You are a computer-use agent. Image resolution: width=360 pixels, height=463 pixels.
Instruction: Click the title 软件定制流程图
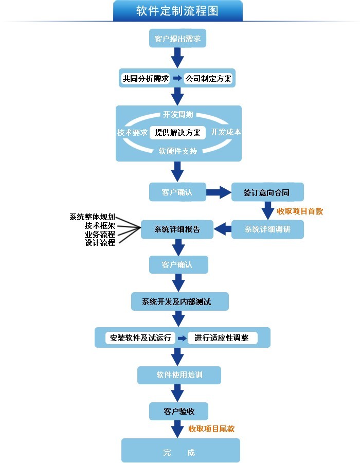(177, 11)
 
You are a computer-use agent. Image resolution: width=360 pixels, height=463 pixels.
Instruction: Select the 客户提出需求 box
(177, 39)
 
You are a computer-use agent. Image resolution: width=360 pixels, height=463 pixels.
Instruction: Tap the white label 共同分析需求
(146, 79)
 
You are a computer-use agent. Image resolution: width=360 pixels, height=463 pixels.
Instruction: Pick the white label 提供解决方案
(177, 133)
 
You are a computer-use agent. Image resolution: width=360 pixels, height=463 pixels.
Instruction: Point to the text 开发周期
(178, 114)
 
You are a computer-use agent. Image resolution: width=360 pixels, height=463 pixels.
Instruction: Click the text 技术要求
(132, 132)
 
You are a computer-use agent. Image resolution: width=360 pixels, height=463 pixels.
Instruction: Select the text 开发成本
(225, 132)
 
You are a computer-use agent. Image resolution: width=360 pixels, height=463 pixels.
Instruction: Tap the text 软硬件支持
(177, 151)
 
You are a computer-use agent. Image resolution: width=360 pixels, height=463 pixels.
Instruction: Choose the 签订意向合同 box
(267, 192)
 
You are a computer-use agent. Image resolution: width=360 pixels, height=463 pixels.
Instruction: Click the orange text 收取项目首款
(300, 211)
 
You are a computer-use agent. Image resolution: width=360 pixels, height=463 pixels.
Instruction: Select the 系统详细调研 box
(267, 229)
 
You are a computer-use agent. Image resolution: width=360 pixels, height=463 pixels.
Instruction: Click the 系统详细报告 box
(177, 229)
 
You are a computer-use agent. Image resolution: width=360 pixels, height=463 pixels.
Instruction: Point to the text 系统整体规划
(92, 217)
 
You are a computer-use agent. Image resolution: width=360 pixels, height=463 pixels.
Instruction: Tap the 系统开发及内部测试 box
(177, 301)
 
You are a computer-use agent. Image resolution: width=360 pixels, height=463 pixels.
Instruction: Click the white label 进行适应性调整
(222, 338)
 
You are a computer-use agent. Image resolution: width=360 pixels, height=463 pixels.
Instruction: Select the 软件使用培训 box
(179, 375)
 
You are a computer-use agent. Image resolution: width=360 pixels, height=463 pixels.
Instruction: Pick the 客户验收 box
(178, 412)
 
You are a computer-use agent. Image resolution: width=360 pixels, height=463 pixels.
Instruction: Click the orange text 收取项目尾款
(211, 429)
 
